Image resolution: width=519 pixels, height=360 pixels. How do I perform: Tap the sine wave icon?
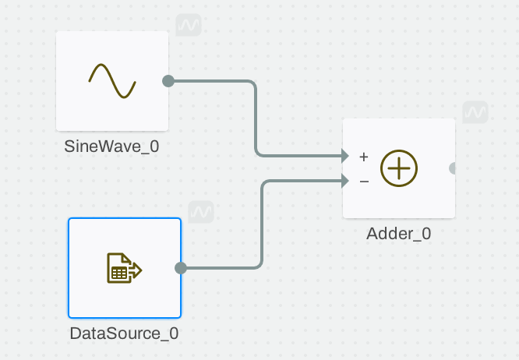click(x=112, y=81)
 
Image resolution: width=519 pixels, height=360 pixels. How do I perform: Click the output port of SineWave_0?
click(x=168, y=81)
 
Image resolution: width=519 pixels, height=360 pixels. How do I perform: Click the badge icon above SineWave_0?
click(x=189, y=25)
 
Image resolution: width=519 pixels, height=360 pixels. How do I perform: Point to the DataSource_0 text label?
click(x=125, y=334)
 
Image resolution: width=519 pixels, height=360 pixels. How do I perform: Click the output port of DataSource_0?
click(x=181, y=268)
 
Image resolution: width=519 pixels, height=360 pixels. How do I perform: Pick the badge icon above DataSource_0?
click(x=201, y=211)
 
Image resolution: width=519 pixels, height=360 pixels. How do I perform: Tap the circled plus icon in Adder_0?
click(x=399, y=168)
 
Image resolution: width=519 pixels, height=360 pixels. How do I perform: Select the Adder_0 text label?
click(x=399, y=233)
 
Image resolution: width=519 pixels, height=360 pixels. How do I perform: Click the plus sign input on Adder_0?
click(x=363, y=157)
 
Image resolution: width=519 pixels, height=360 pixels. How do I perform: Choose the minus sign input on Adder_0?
click(x=363, y=182)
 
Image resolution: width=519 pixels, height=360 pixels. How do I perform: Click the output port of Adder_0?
click(x=454, y=168)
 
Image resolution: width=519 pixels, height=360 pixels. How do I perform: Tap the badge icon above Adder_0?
click(x=475, y=112)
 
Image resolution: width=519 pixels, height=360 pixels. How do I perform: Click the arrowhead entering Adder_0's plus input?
click(x=344, y=156)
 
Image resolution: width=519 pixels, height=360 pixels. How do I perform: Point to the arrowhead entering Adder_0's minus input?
click(x=344, y=182)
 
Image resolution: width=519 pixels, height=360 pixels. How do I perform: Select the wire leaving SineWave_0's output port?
click(x=256, y=117)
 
